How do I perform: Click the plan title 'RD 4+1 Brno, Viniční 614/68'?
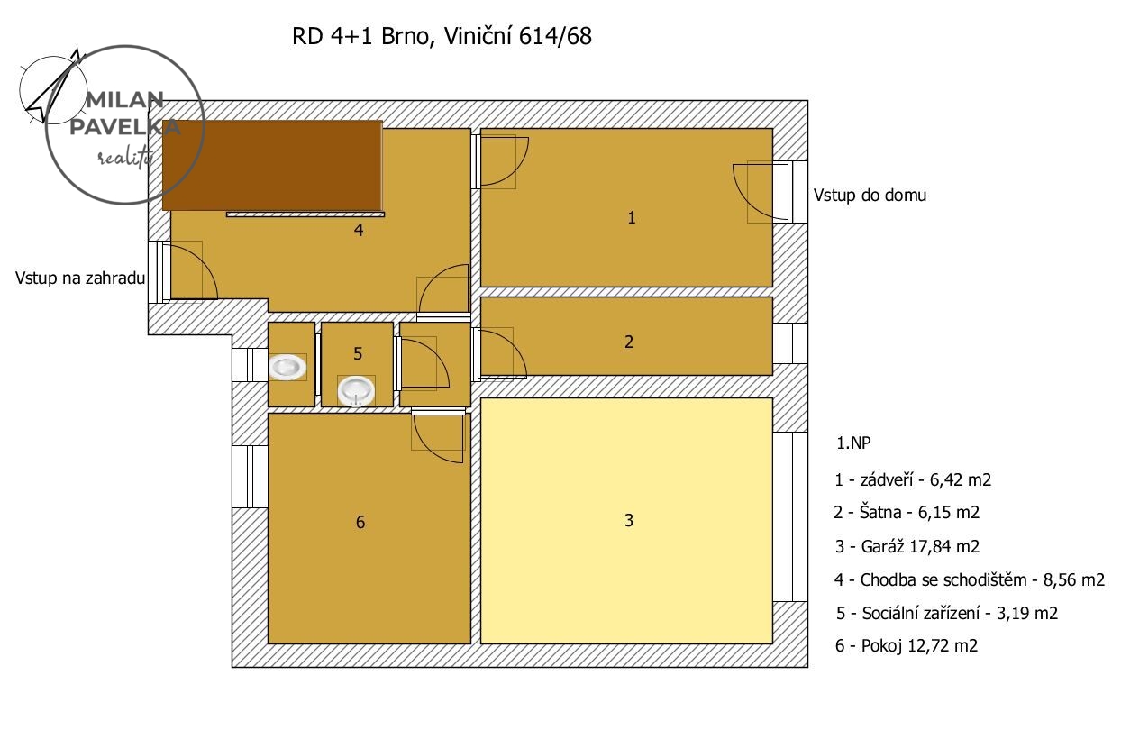coord(442,37)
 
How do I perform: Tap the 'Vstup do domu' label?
coord(870,196)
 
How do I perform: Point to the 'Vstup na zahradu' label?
coord(80,278)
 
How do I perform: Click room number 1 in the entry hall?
coord(632,218)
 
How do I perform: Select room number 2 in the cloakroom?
coord(629,342)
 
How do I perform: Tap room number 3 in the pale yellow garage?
coord(629,520)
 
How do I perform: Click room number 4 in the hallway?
coord(359,230)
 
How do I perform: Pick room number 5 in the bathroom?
coord(358,354)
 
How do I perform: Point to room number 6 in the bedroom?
coord(360,523)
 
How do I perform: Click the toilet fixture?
coord(287,367)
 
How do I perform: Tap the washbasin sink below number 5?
coord(356,391)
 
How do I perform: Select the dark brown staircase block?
coord(272,165)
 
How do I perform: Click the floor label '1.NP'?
coord(853,443)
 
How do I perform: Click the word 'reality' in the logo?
coord(124,157)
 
